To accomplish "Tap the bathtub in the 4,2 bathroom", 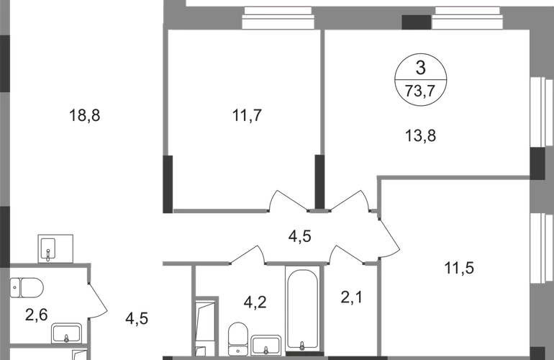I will [x=302, y=310].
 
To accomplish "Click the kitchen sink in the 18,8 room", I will [x=53, y=247].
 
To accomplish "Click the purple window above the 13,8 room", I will [x=468, y=11].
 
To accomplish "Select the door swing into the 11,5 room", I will [x=386, y=230].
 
